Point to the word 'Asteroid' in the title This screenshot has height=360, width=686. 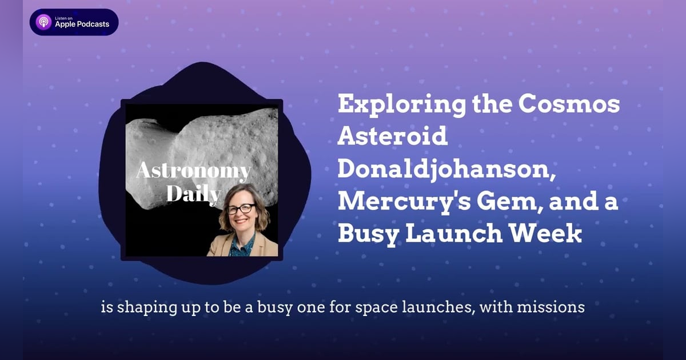(x=392, y=137)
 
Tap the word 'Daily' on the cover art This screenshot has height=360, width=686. (x=193, y=194)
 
